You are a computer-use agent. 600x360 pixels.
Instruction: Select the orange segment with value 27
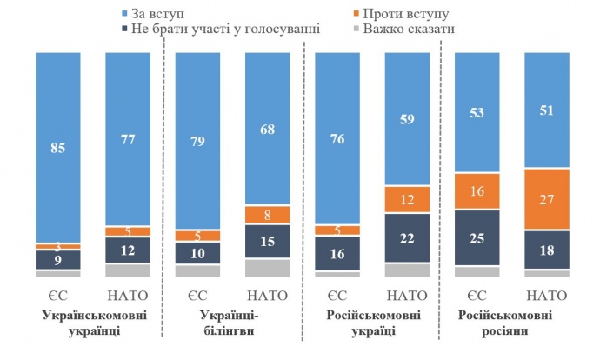point(547,199)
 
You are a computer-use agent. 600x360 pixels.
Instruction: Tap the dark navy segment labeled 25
point(477,238)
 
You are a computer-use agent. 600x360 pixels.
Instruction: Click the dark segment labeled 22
point(408,237)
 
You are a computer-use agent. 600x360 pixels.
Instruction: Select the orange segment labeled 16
point(477,191)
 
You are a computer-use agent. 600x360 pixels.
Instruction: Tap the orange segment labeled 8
point(268,214)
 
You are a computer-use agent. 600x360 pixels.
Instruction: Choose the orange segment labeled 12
point(408,200)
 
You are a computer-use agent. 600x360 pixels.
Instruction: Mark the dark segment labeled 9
point(57,259)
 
